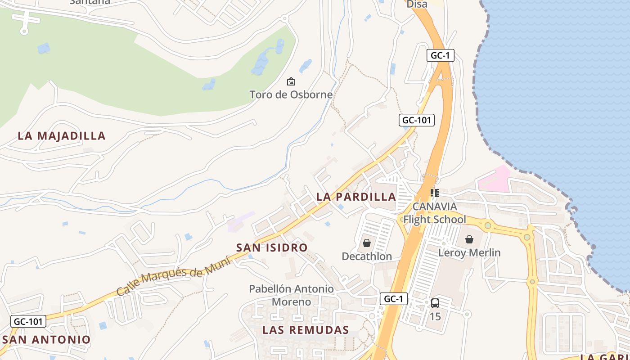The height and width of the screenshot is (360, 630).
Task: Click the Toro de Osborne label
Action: tap(291, 94)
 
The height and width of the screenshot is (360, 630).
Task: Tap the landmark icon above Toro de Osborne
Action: tap(291, 81)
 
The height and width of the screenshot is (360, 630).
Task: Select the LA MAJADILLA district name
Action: tap(62, 136)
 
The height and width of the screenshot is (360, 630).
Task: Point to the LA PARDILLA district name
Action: tap(356, 197)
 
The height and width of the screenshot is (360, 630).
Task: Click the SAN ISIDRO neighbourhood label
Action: tap(272, 247)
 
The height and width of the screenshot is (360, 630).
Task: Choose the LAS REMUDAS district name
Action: tap(306, 330)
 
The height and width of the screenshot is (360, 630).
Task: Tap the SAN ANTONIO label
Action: tap(46, 339)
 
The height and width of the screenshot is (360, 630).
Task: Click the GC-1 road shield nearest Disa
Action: tap(440, 55)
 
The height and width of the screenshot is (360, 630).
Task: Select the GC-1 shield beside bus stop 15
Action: tap(394, 299)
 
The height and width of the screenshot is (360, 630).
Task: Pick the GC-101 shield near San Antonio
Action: tap(28, 321)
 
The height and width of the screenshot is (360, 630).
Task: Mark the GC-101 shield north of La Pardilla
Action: tap(416, 120)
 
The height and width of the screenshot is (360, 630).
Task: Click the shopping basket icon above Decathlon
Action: tap(367, 243)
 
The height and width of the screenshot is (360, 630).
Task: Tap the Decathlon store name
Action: tap(367, 256)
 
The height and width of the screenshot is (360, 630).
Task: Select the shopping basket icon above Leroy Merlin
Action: tap(469, 239)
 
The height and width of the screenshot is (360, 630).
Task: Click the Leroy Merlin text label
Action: tap(469, 253)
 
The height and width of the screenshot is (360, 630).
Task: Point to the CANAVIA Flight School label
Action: tap(435, 213)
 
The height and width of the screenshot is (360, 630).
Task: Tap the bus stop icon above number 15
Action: tap(435, 303)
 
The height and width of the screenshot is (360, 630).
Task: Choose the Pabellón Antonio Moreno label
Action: tap(292, 295)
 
